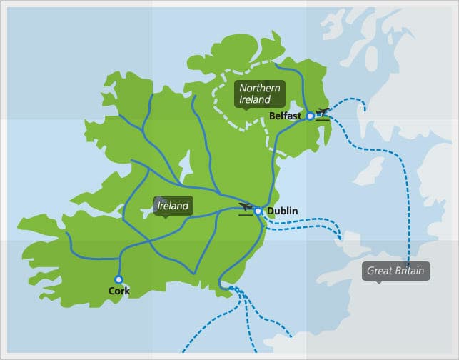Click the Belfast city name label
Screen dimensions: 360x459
click(286, 115)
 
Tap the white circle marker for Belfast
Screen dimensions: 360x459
click(310, 115)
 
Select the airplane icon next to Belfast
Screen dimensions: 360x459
click(323, 113)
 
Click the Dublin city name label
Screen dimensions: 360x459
click(281, 211)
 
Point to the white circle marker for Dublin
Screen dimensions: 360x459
click(258, 211)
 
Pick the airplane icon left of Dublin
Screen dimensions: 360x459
click(246, 209)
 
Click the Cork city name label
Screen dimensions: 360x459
click(118, 291)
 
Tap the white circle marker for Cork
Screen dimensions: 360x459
click(118, 279)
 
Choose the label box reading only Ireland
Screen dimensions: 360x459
click(173, 206)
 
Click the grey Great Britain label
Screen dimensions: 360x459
click(395, 271)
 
